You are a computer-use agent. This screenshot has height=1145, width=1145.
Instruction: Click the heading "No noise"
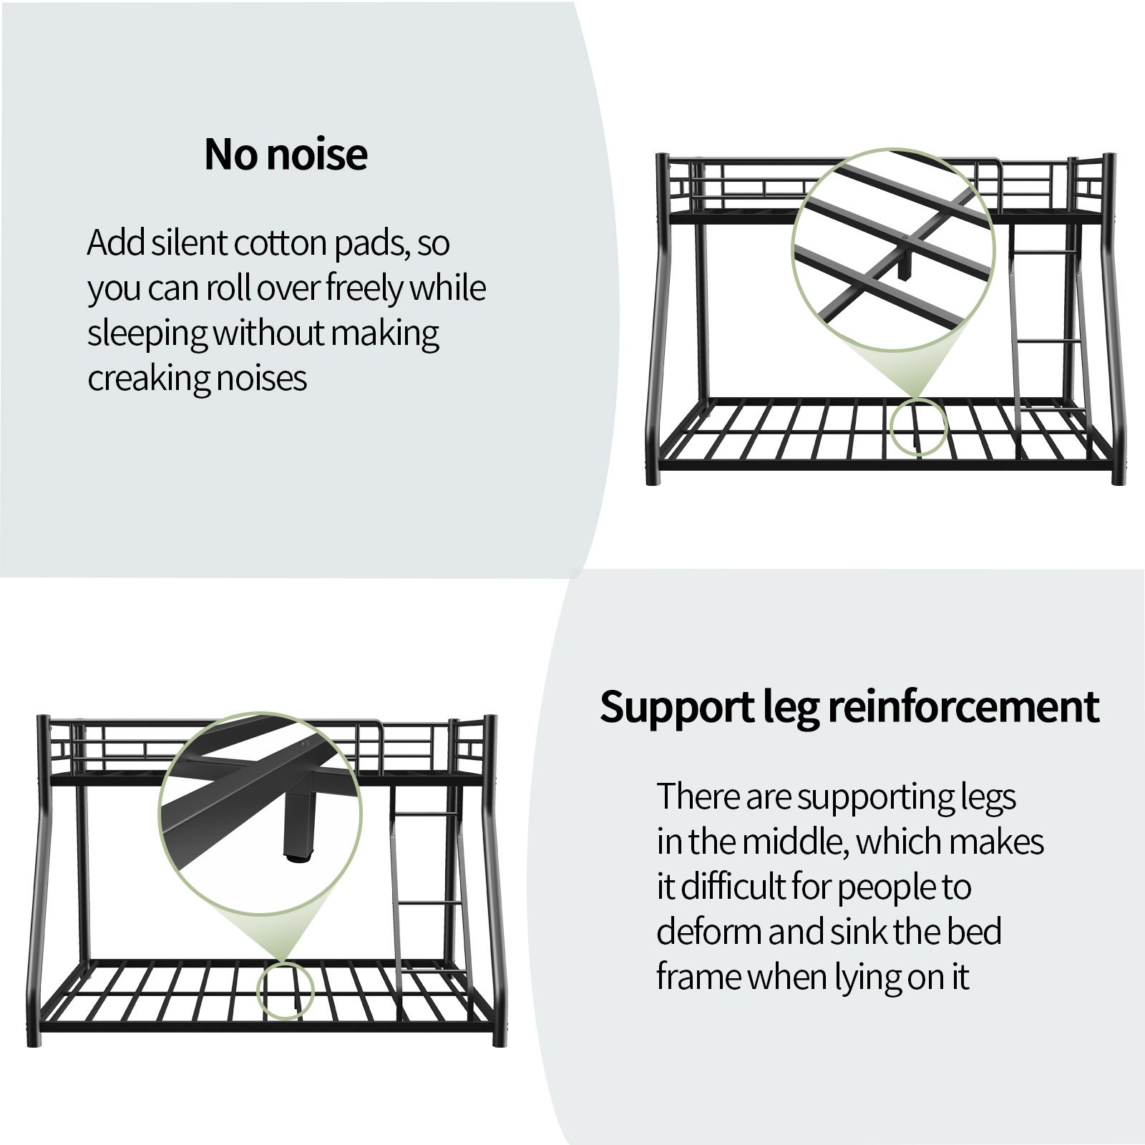pos(286,154)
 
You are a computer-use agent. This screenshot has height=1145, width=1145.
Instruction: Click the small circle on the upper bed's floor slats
pos(919,427)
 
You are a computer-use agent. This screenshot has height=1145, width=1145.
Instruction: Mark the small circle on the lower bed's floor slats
pos(285,990)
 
